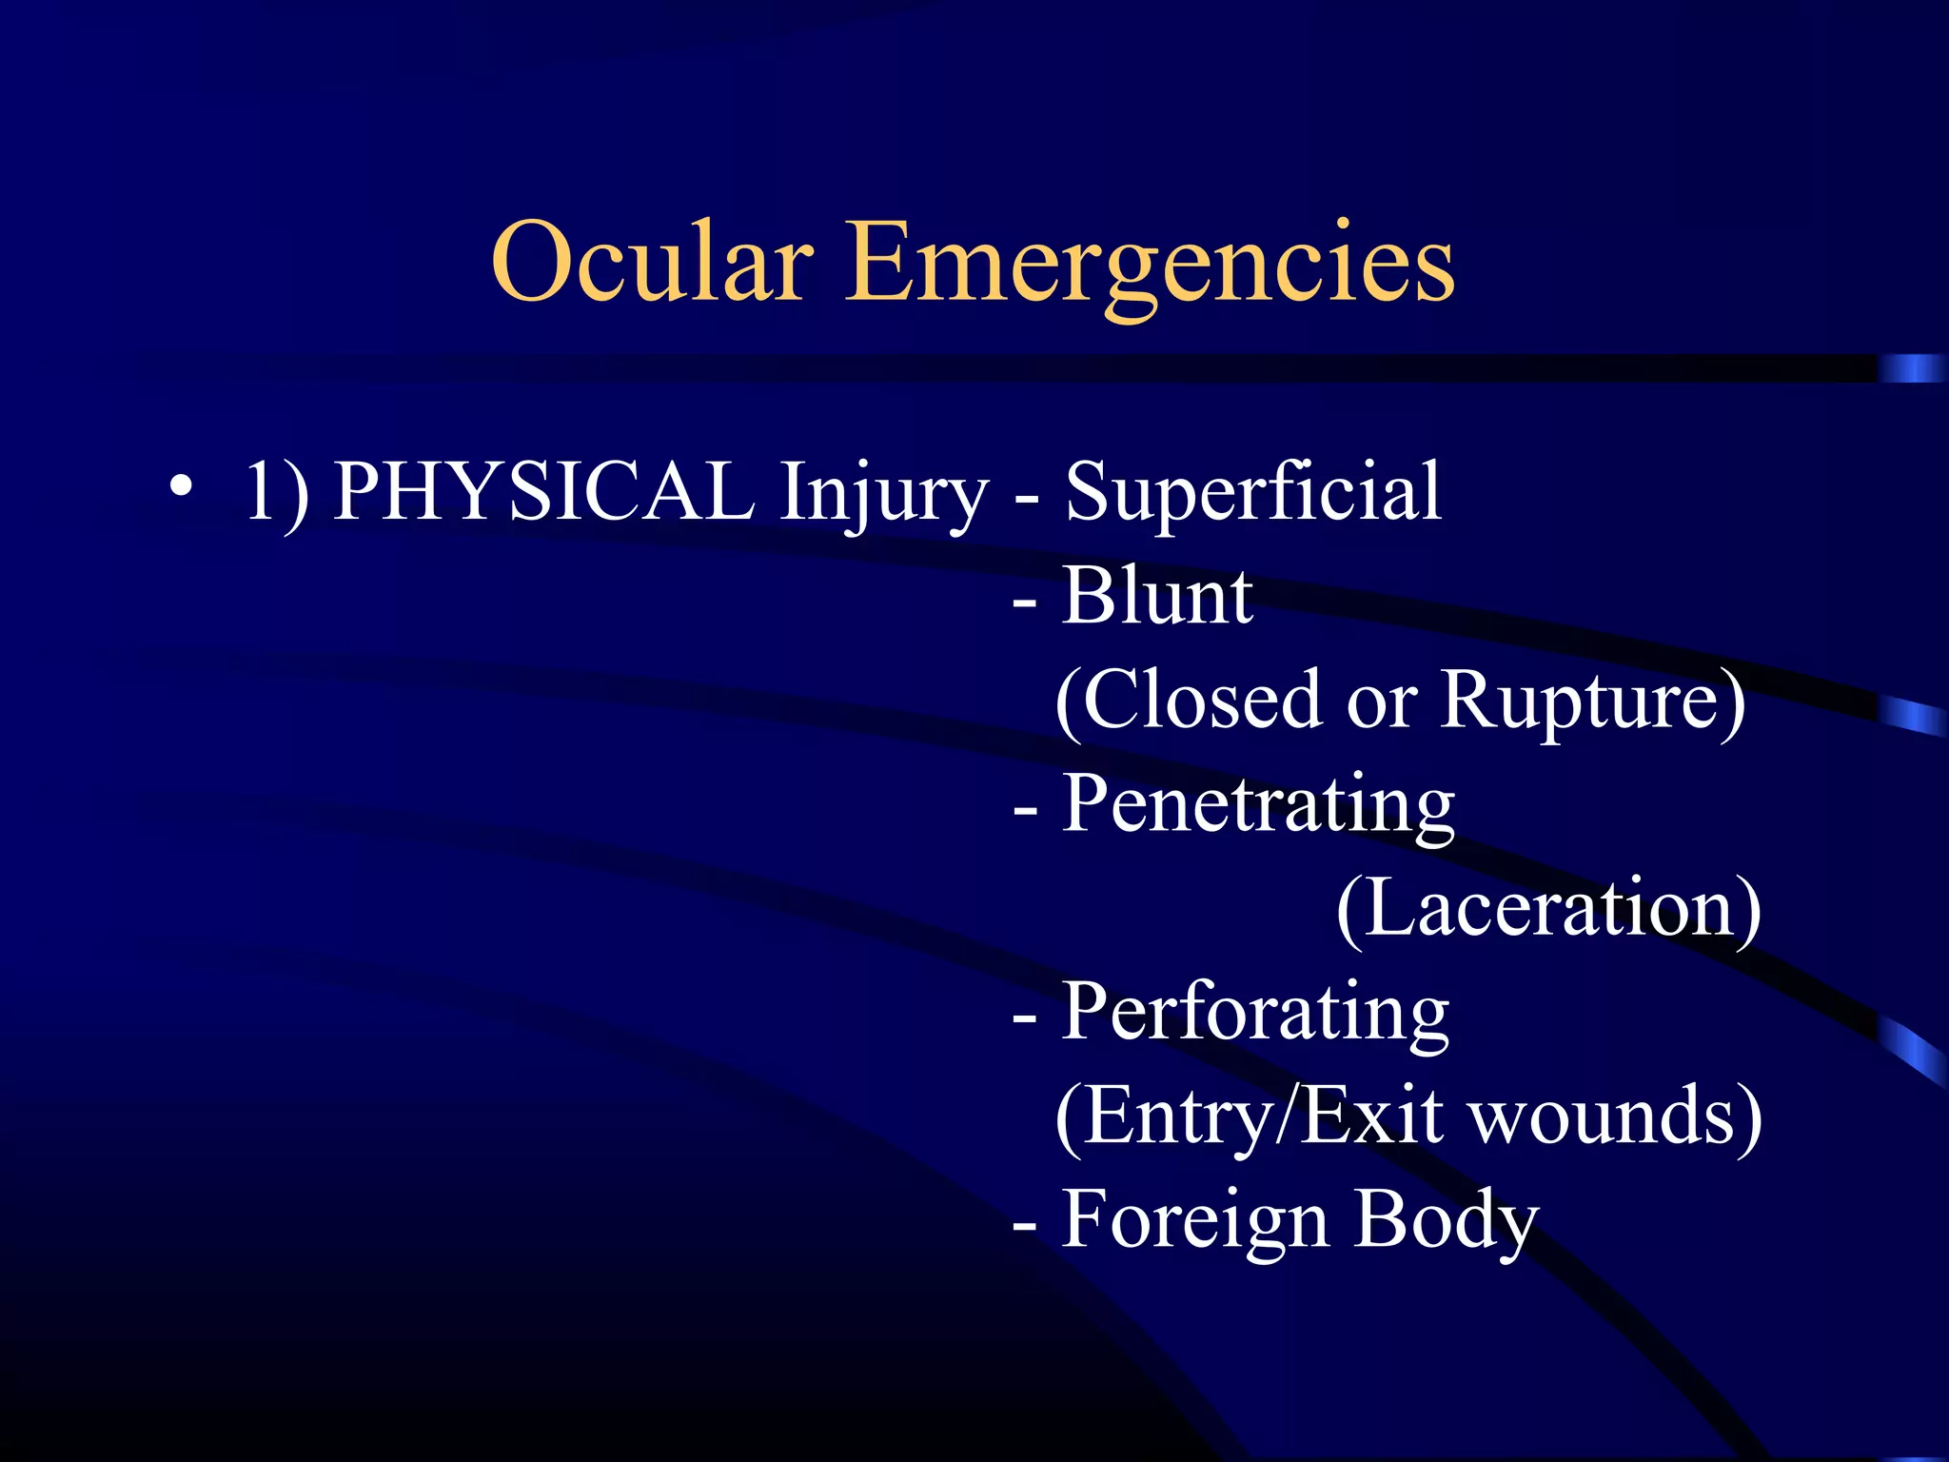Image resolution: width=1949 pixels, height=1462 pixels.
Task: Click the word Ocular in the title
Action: point(652,262)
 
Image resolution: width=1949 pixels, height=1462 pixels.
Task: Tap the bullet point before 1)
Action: point(181,487)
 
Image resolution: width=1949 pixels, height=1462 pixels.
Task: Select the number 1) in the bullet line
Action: point(276,493)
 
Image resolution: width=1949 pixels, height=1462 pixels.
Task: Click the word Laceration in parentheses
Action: point(1548,909)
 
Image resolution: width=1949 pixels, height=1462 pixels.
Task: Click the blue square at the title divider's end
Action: point(1911,368)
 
